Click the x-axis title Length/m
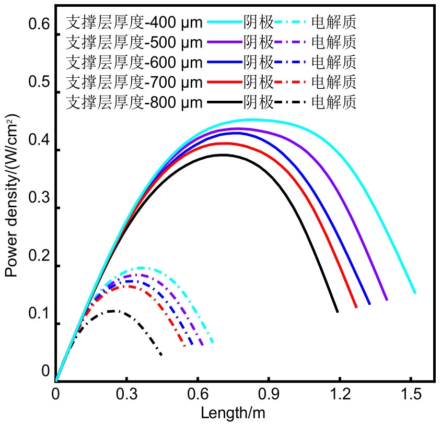[x=233, y=413]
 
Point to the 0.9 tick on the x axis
[x=269, y=382]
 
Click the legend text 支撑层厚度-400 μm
[x=134, y=22]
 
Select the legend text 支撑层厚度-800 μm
[x=134, y=102]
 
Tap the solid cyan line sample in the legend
[x=224, y=22]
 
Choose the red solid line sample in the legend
[x=224, y=82]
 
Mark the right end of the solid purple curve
[x=387, y=300]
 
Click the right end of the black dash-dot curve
[x=161, y=355]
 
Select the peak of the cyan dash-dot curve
[x=141, y=267]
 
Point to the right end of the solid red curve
[x=356, y=307]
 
